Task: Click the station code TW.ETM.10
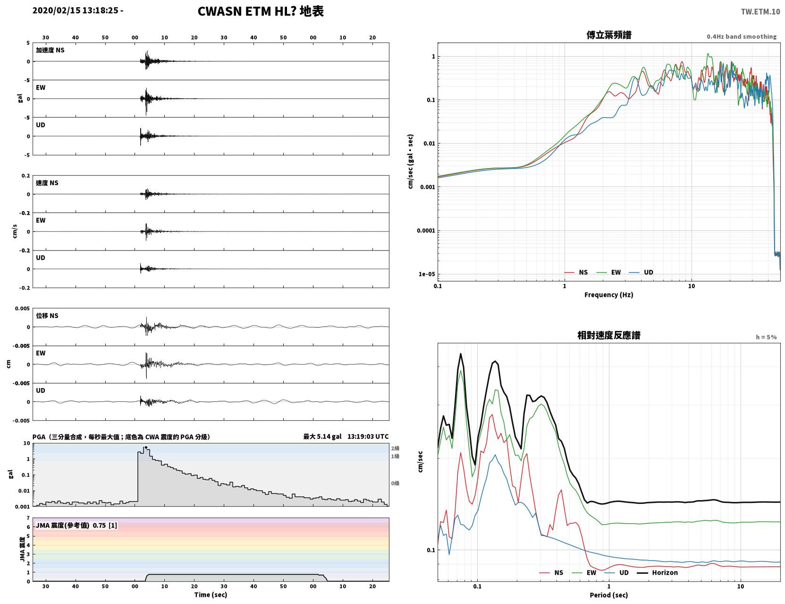click(x=760, y=11)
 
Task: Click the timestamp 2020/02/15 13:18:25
click(x=76, y=10)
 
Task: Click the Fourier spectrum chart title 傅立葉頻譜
click(x=608, y=35)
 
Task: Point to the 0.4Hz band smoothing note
click(x=741, y=36)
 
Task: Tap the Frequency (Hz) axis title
click(x=608, y=295)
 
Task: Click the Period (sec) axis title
click(x=608, y=595)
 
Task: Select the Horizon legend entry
click(x=657, y=572)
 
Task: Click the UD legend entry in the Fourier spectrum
click(x=641, y=272)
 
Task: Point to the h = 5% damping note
click(x=766, y=337)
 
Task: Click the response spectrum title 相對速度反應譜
click(x=608, y=335)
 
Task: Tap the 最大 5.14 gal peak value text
click(x=322, y=436)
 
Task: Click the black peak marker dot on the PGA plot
click(x=146, y=447)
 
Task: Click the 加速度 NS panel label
click(x=50, y=50)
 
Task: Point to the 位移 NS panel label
click(x=47, y=316)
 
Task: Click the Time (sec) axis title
click(x=211, y=595)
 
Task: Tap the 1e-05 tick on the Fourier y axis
click(x=427, y=274)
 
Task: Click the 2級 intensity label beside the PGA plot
click(x=395, y=448)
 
